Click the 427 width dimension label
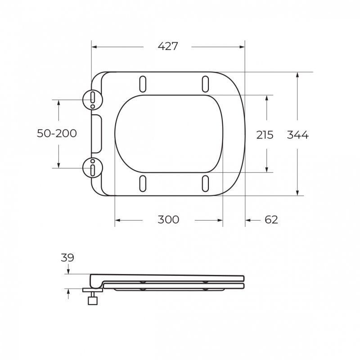(168, 46)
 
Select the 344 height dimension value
(298, 135)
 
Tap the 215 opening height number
(265, 135)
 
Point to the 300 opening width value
(168, 220)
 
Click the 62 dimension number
(271, 220)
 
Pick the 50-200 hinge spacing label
(57, 133)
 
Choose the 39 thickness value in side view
(67, 258)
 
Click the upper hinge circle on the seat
(93, 99)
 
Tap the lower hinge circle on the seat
(93, 168)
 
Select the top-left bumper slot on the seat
(143, 83)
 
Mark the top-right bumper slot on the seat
(205, 83)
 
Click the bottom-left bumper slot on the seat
(143, 183)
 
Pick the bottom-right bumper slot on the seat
(205, 183)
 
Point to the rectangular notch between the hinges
(96, 134)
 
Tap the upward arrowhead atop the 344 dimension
(297, 75)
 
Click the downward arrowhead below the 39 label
(68, 271)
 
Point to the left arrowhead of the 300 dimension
(118, 220)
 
